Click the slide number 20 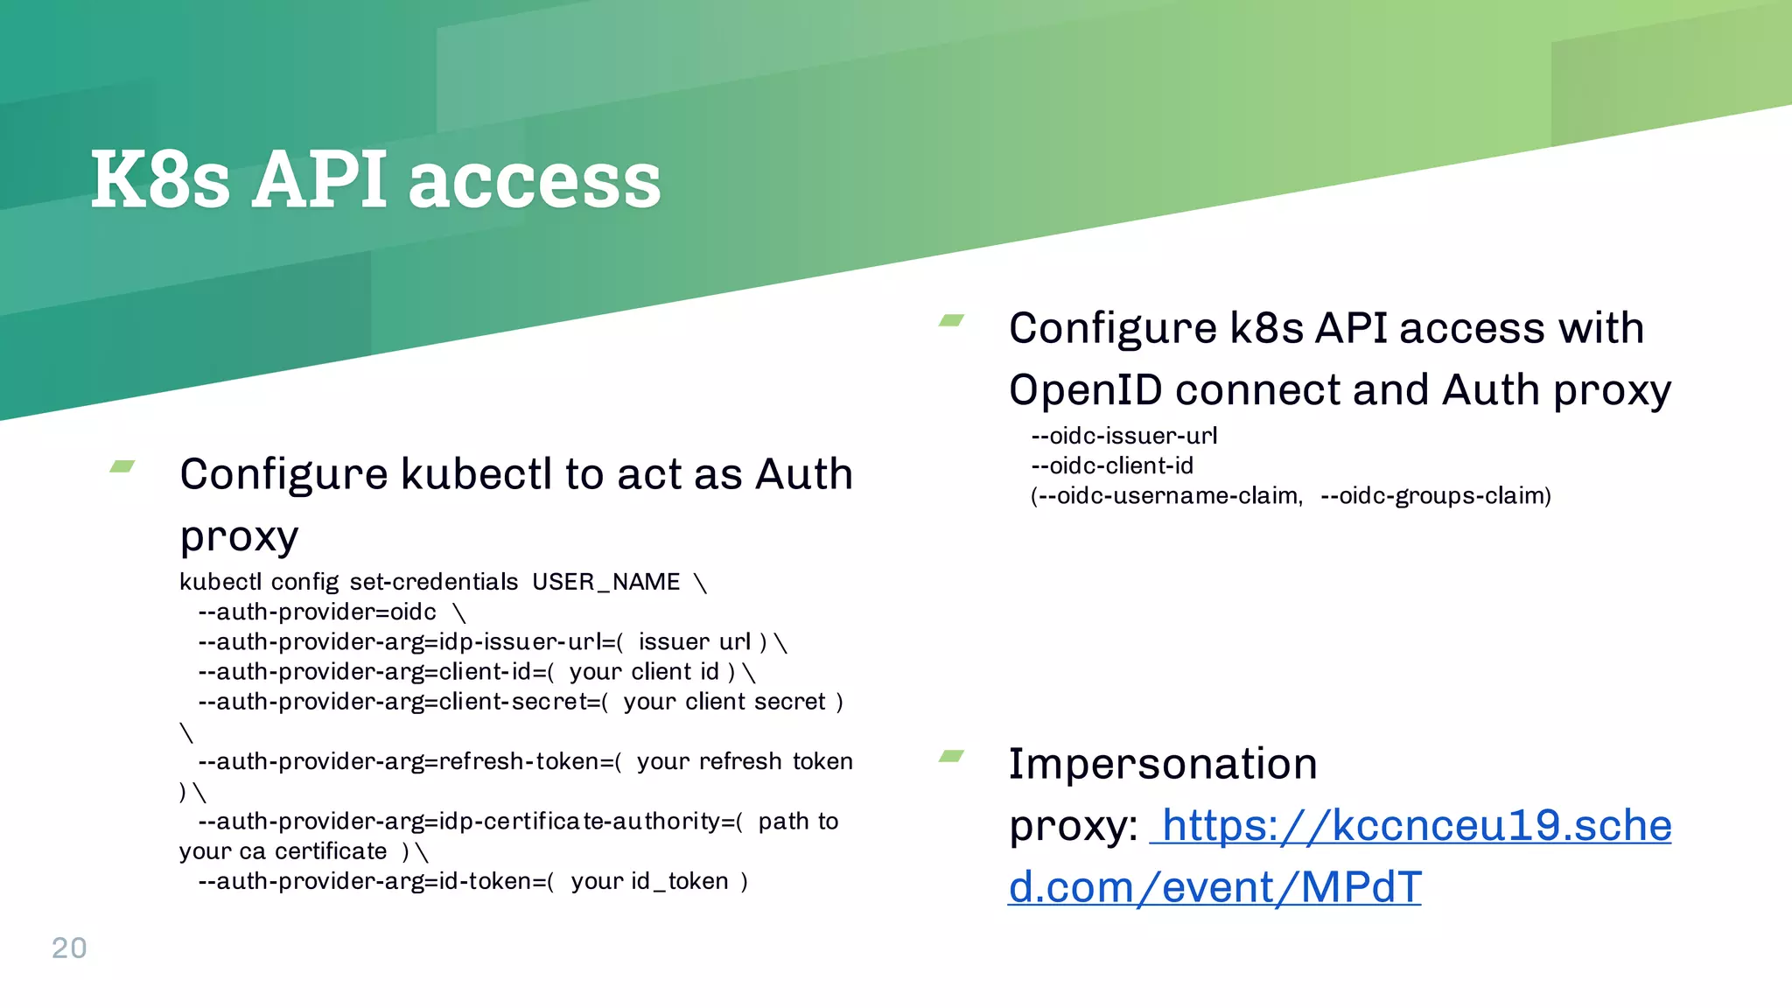(69, 948)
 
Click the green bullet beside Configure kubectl (122, 467)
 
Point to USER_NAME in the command (605, 583)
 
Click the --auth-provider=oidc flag (317, 612)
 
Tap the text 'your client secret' (724, 703)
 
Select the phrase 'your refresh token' (744, 762)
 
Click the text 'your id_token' (649, 882)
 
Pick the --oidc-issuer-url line (1123, 436)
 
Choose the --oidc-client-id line (1111, 465)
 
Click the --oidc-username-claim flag (1169, 496)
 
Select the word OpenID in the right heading (1085, 390)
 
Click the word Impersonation (1162, 764)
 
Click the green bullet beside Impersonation (951, 756)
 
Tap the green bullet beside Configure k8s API (951, 321)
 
